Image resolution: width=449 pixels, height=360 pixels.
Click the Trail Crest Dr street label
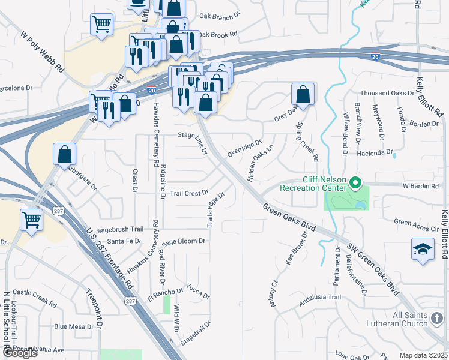188,193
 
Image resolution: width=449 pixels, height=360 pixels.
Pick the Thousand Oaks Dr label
387,94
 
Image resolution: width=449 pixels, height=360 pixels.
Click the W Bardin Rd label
421,186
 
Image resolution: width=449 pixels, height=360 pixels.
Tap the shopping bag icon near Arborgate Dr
64,154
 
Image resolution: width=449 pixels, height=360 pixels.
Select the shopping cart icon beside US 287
31,219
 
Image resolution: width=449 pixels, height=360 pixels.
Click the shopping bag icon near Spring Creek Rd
303,94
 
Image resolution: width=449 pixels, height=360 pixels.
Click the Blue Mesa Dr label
74,327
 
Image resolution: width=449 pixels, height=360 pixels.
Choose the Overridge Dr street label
244,149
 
